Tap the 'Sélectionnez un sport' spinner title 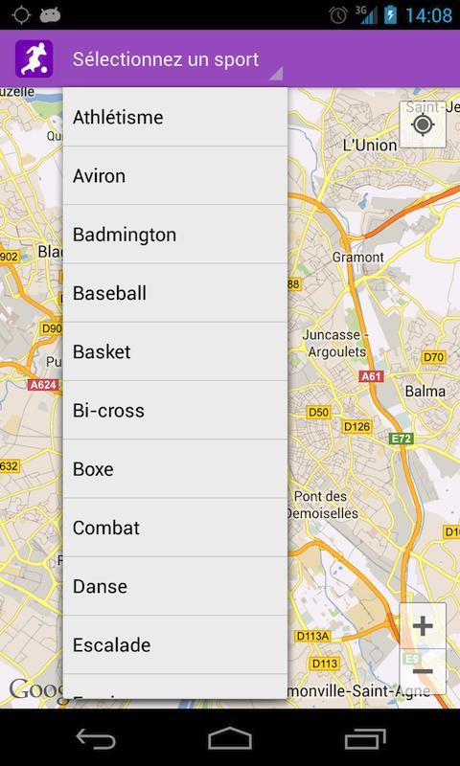point(166,59)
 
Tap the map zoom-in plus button point(423,626)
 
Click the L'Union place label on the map point(369,145)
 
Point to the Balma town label point(425,391)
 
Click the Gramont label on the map point(357,257)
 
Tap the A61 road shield point(371,376)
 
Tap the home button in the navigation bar point(230,738)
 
